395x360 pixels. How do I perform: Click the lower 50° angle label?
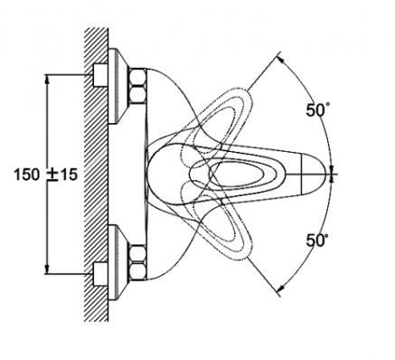[x=317, y=241]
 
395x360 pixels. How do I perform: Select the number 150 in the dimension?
[x=27, y=175]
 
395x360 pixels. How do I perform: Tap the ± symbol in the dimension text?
[x=53, y=175]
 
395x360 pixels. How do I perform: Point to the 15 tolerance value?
[x=69, y=175]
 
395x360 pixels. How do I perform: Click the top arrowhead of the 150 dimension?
[x=47, y=79]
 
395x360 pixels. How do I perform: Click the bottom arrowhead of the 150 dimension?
[x=47, y=270]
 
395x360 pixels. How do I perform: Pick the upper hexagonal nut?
[x=137, y=86]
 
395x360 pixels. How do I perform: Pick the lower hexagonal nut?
[x=137, y=262]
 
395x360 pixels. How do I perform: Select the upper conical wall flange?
[x=118, y=86]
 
